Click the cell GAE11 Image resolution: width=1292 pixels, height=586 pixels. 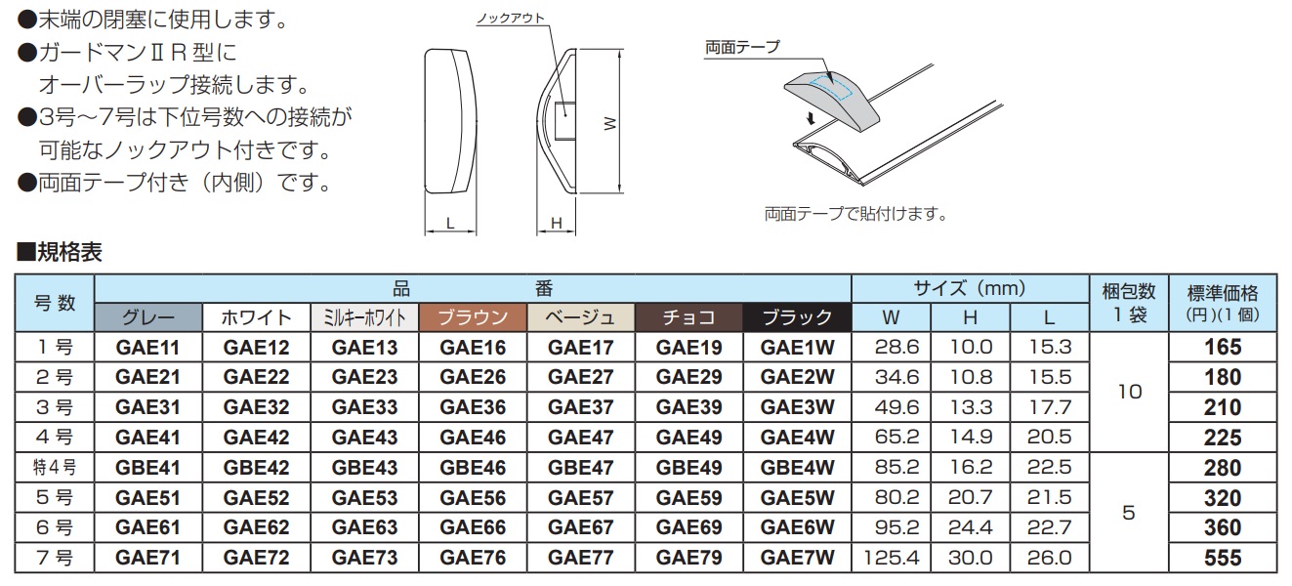click(148, 347)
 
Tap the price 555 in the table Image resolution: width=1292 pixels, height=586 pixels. click(1223, 559)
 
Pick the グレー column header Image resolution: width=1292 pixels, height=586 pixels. click(148, 316)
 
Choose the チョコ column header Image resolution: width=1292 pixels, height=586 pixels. click(688, 316)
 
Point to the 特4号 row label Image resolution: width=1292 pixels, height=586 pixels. click(55, 468)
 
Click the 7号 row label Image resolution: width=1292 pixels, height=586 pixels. click(55, 559)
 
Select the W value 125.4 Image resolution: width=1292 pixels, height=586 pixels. click(891, 559)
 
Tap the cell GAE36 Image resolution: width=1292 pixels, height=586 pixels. click(473, 407)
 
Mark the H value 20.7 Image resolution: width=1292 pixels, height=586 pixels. click(971, 498)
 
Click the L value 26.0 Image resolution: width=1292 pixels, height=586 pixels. click(1050, 559)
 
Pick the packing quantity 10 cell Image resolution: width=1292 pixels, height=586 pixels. click(1128, 392)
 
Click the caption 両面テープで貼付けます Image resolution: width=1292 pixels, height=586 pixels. click(854, 212)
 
